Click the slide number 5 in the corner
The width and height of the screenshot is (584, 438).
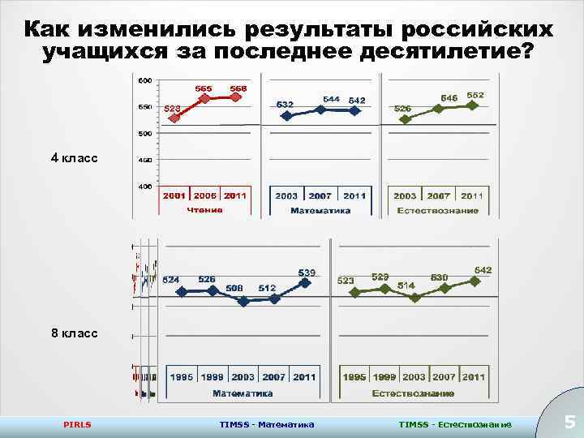point(569,422)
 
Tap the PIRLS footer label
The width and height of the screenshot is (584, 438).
point(77,424)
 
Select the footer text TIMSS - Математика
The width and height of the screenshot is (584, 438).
point(267,424)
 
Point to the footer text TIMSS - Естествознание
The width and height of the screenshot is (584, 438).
point(455,424)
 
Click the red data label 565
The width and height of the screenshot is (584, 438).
point(204,88)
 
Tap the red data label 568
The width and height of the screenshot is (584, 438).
point(238,88)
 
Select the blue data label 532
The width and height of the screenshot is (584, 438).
point(285,104)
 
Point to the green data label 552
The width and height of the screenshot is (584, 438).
point(475,95)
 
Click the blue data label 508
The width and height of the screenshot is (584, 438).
point(234,287)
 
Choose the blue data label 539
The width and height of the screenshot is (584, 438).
point(307,272)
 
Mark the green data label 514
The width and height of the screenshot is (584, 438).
point(406,286)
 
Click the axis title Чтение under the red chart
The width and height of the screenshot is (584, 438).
point(205,210)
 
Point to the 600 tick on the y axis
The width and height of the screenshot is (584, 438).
point(144,80)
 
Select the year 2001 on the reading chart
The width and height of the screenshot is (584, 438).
point(174,195)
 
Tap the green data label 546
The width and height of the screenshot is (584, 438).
point(449,97)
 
